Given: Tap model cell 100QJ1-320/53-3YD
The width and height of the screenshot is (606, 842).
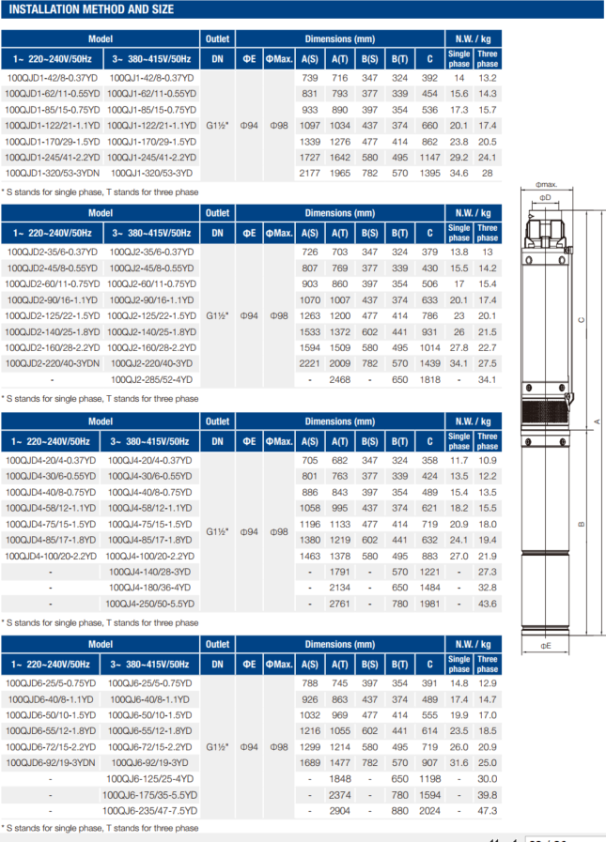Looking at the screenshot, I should tap(151, 174).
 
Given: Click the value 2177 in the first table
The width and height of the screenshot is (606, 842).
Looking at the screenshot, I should tap(309, 174).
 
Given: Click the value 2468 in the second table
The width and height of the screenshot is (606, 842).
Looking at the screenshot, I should tap(339, 380).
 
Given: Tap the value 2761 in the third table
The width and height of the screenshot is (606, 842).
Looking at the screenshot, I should tap(339, 604).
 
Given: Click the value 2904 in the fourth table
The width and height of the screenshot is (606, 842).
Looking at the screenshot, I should tap(339, 810).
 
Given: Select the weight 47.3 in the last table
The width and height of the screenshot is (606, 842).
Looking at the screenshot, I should tap(487, 810).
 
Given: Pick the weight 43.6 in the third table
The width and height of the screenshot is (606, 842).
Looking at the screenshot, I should tap(487, 604).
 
